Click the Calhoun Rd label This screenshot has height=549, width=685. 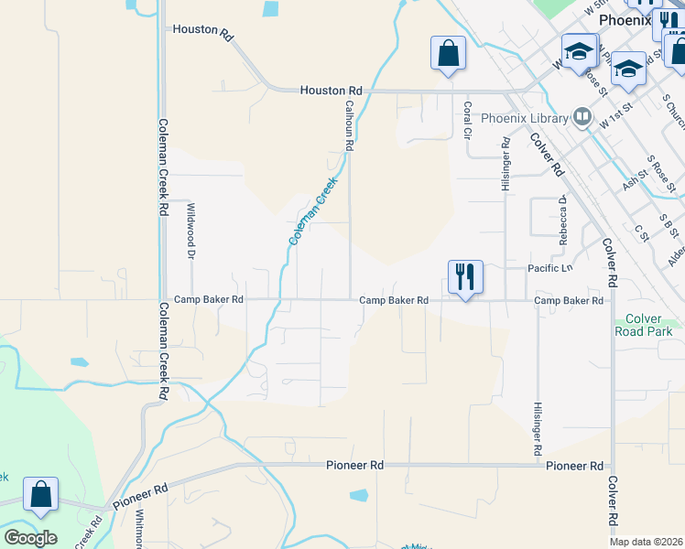pyautogui.click(x=349, y=125)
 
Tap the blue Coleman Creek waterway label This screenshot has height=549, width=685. pyautogui.click(x=314, y=210)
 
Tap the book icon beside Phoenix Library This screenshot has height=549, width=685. pyautogui.click(x=582, y=116)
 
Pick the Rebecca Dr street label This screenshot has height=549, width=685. pyautogui.click(x=564, y=219)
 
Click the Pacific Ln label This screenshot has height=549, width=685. pyautogui.click(x=549, y=268)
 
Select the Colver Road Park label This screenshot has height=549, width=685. pyautogui.click(x=649, y=325)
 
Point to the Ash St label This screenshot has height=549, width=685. pyautogui.click(x=635, y=178)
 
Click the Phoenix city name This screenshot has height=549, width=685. pyautogui.click(x=625, y=19)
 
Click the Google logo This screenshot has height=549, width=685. pyautogui.click(x=30, y=538)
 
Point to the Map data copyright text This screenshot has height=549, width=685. pyautogui.click(x=647, y=542)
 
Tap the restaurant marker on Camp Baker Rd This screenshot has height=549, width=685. pyautogui.click(x=465, y=276)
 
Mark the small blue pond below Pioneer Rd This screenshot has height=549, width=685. pyautogui.click(x=359, y=495)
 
